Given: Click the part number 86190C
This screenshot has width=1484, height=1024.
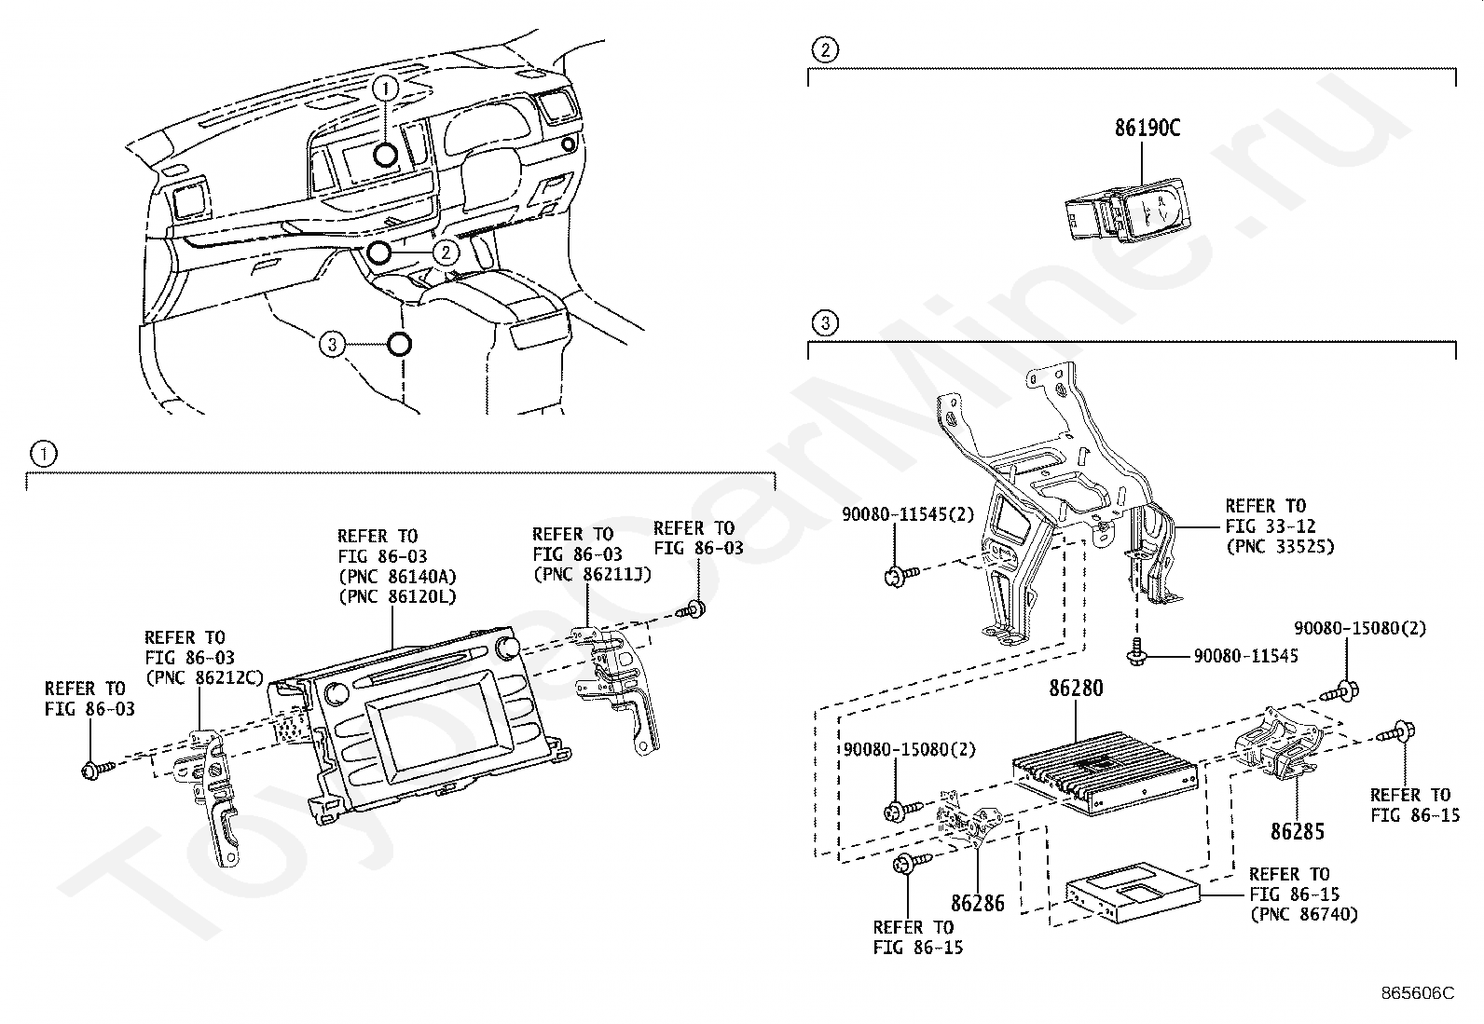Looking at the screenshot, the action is tap(1147, 128).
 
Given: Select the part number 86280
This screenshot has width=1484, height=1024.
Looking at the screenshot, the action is tap(1076, 689).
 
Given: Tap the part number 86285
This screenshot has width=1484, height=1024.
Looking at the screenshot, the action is tap(1298, 832).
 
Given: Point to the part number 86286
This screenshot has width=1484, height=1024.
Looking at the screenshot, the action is tap(977, 904).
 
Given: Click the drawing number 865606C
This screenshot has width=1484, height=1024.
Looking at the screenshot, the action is tap(1418, 993).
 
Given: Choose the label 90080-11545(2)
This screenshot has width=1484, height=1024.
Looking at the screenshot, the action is tap(908, 514).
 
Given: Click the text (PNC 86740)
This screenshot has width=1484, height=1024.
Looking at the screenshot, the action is tap(1304, 915).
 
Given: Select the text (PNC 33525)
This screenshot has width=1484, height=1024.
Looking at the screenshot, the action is tap(1280, 546).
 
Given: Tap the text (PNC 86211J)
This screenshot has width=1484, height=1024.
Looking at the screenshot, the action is tap(592, 574).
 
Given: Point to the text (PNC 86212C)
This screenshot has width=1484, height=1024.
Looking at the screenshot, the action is tap(204, 677).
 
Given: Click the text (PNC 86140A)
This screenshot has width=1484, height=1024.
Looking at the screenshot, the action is tap(397, 577).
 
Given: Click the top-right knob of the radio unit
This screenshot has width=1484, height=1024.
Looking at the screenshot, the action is tap(510, 648).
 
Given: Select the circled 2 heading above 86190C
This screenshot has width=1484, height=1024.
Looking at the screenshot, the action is tap(825, 49).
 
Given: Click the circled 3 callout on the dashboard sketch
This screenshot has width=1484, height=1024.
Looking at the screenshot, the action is tap(332, 345).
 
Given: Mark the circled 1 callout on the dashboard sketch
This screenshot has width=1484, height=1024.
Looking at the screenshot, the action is tap(386, 89).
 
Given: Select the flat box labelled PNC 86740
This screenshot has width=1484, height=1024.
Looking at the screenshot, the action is tap(1134, 893).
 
